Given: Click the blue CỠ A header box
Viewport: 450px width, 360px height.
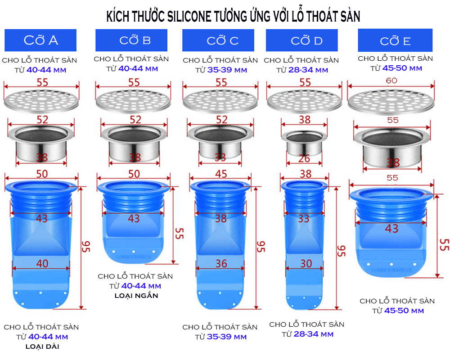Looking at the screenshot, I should pyautogui.click(x=40, y=40).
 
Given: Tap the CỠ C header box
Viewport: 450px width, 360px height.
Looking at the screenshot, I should pyautogui.click(x=222, y=40).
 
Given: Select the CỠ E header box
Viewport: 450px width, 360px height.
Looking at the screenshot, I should pyautogui.click(x=395, y=41).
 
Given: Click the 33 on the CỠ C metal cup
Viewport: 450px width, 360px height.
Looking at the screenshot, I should pyautogui.click(x=221, y=157).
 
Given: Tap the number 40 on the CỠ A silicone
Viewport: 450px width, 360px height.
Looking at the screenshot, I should pyautogui.click(x=42, y=264).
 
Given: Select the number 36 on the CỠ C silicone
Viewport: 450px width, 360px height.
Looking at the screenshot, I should pyautogui.click(x=221, y=264).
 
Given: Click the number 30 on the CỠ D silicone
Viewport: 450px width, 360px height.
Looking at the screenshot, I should pyautogui.click(x=306, y=264).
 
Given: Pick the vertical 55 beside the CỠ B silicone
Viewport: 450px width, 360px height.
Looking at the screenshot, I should pyautogui.click(x=179, y=233).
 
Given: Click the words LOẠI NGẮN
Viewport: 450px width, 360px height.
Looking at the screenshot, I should pyautogui.click(x=136, y=296).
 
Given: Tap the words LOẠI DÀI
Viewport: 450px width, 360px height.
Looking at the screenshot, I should pyautogui.click(x=42, y=346).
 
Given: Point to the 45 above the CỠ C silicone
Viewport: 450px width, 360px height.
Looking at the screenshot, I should pyautogui.click(x=221, y=174).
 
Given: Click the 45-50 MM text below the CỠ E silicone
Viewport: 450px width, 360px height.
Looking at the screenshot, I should pyautogui.click(x=404, y=310).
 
